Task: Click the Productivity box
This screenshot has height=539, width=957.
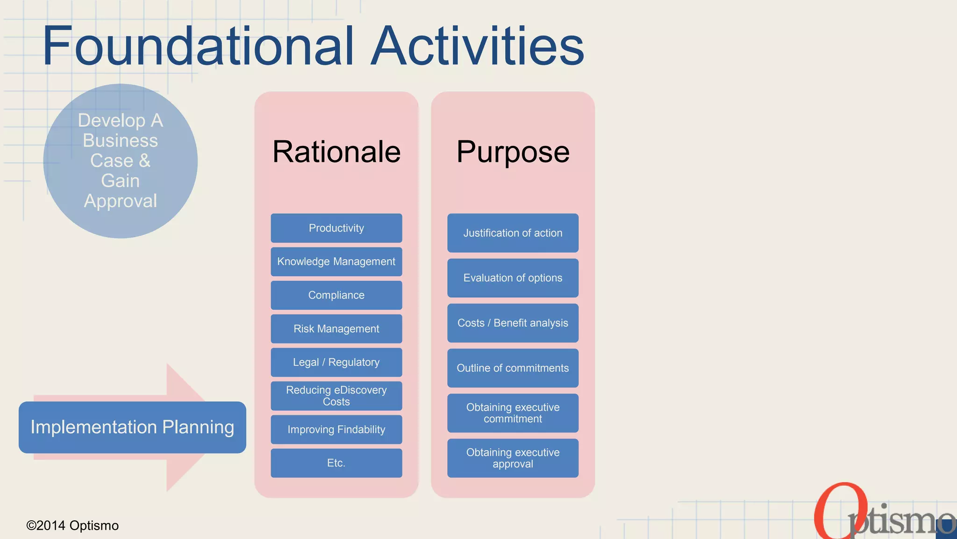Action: [x=336, y=228]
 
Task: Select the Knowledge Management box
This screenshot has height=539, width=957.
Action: [x=336, y=262]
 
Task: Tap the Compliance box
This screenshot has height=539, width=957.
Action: [x=336, y=295]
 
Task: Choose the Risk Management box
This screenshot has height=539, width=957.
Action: [x=336, y=329]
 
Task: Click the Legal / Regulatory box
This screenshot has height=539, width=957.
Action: [x=336, y=362]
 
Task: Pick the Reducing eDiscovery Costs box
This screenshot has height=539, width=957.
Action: [x=336, y=396]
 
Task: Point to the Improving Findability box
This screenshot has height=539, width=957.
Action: [x=336, y=430]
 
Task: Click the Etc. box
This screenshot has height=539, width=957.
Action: [x=336, y=463]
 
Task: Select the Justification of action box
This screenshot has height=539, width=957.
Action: [x=513, y=233]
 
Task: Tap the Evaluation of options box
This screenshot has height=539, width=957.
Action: [x=513, y=278]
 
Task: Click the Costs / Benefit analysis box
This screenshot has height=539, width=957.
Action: [x=513, y=323]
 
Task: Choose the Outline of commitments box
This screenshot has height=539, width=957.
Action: [x=513, y=368]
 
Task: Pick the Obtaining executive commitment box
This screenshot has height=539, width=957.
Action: [x=513, y=413]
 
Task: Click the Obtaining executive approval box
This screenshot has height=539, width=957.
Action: [x=513, y=458]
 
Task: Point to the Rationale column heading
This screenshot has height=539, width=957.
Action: [x=336, y=152]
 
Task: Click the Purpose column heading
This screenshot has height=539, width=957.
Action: [x=513, y=152]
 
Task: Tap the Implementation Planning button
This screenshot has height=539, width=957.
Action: [x=132, y=427]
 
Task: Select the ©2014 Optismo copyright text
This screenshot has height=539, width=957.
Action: [x=72, y=525]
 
